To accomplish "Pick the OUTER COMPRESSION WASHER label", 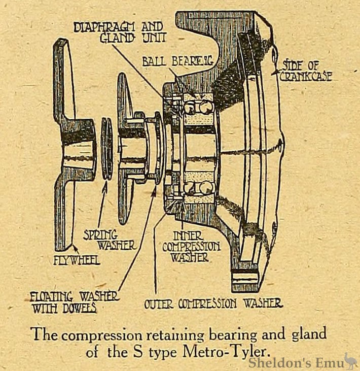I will pos(213,303).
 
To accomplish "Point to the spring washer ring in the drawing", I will pos(107,148).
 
